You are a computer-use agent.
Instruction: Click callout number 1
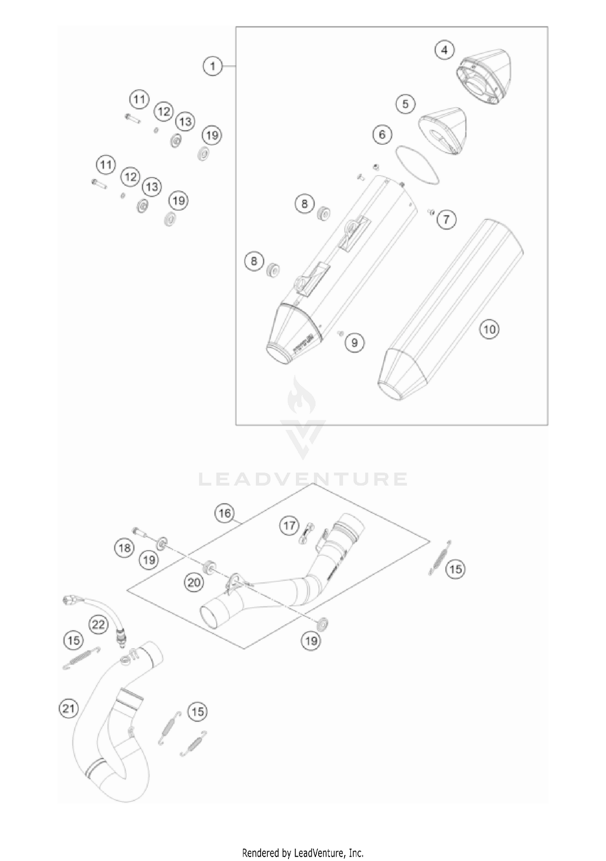point(213,65)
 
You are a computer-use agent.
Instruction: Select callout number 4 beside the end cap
point(444,50)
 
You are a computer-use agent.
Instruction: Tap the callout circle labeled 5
point(405,104)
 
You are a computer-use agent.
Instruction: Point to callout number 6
point(382,134)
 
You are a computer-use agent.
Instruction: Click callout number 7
point(446,219)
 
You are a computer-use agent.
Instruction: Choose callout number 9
point(354,342)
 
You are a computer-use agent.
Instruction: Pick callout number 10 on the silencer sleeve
point(489,329)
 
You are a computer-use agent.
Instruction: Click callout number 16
point(225,513)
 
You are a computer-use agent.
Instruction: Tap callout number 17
point(289,525)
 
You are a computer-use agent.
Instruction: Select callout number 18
point(124,548)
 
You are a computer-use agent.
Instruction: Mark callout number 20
point(194,582)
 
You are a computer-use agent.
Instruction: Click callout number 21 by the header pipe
point(68,708)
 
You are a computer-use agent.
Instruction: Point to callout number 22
point(98,625)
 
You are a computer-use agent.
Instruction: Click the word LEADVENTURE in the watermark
point(303,479)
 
